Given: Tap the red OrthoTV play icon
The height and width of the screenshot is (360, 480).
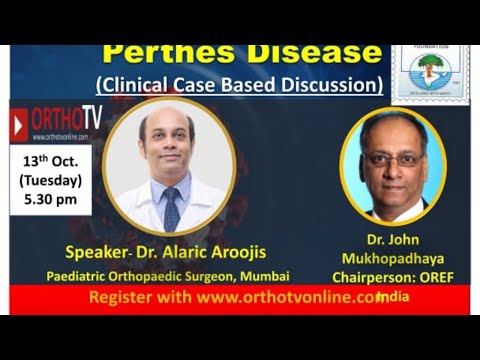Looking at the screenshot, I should (19, 125).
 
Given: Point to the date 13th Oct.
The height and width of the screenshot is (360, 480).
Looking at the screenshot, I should (52, 161).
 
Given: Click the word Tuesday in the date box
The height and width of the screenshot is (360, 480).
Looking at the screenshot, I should (52, 181).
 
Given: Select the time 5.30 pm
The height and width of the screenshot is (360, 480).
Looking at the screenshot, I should (52, 201).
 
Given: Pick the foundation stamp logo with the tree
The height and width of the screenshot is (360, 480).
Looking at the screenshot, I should (430, 71).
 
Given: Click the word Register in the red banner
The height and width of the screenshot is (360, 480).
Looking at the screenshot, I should (123, 297).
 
